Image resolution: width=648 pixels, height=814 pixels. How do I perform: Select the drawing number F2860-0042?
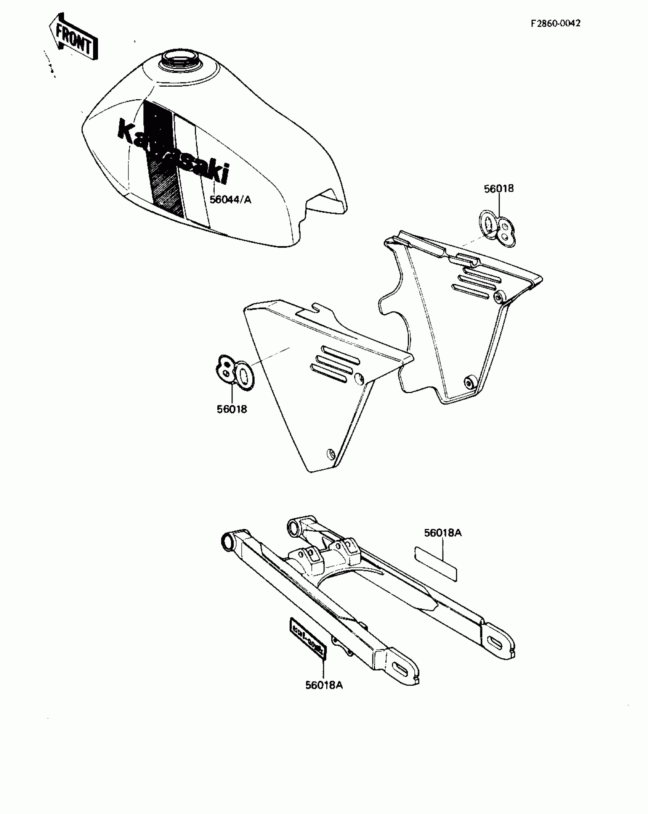[x=556, y=23]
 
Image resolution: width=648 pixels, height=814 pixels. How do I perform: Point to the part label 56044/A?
[x=230, y=199]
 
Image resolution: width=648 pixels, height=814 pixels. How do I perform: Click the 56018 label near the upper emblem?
[x=499, y=189]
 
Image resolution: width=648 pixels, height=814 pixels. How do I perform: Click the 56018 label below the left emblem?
[x=232, y=409]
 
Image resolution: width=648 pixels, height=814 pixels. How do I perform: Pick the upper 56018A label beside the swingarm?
[x=443, y=533]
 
